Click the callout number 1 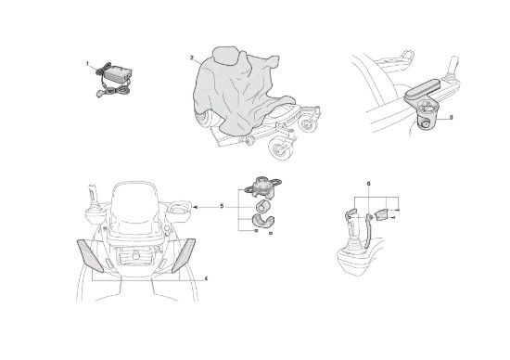pyautogui.click(x=87, y=64)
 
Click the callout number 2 pyautogui.click(x=192, y=58)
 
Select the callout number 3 pyautogui.click(x=451, y=118)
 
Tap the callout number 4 pyautogui.click(x=206, y=278)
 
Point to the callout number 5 pyautogui.click(x=222, y=206)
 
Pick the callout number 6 pyautogui.click(x=368, y=184)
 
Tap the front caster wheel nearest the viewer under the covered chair pyautogui.click(x=282, y=148)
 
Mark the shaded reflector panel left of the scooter pyautogui.click(x=90, y=255)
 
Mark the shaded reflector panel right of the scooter pyautogui.click(x=184, y=255)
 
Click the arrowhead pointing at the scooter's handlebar pyautogui.click(x=195, y=206)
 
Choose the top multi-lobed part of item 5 pyautogui.click(x=262, y=186)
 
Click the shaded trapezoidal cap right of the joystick pyautogui.click(x=381, y=215)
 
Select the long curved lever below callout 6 pyautogui.click(x=368, y=231)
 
